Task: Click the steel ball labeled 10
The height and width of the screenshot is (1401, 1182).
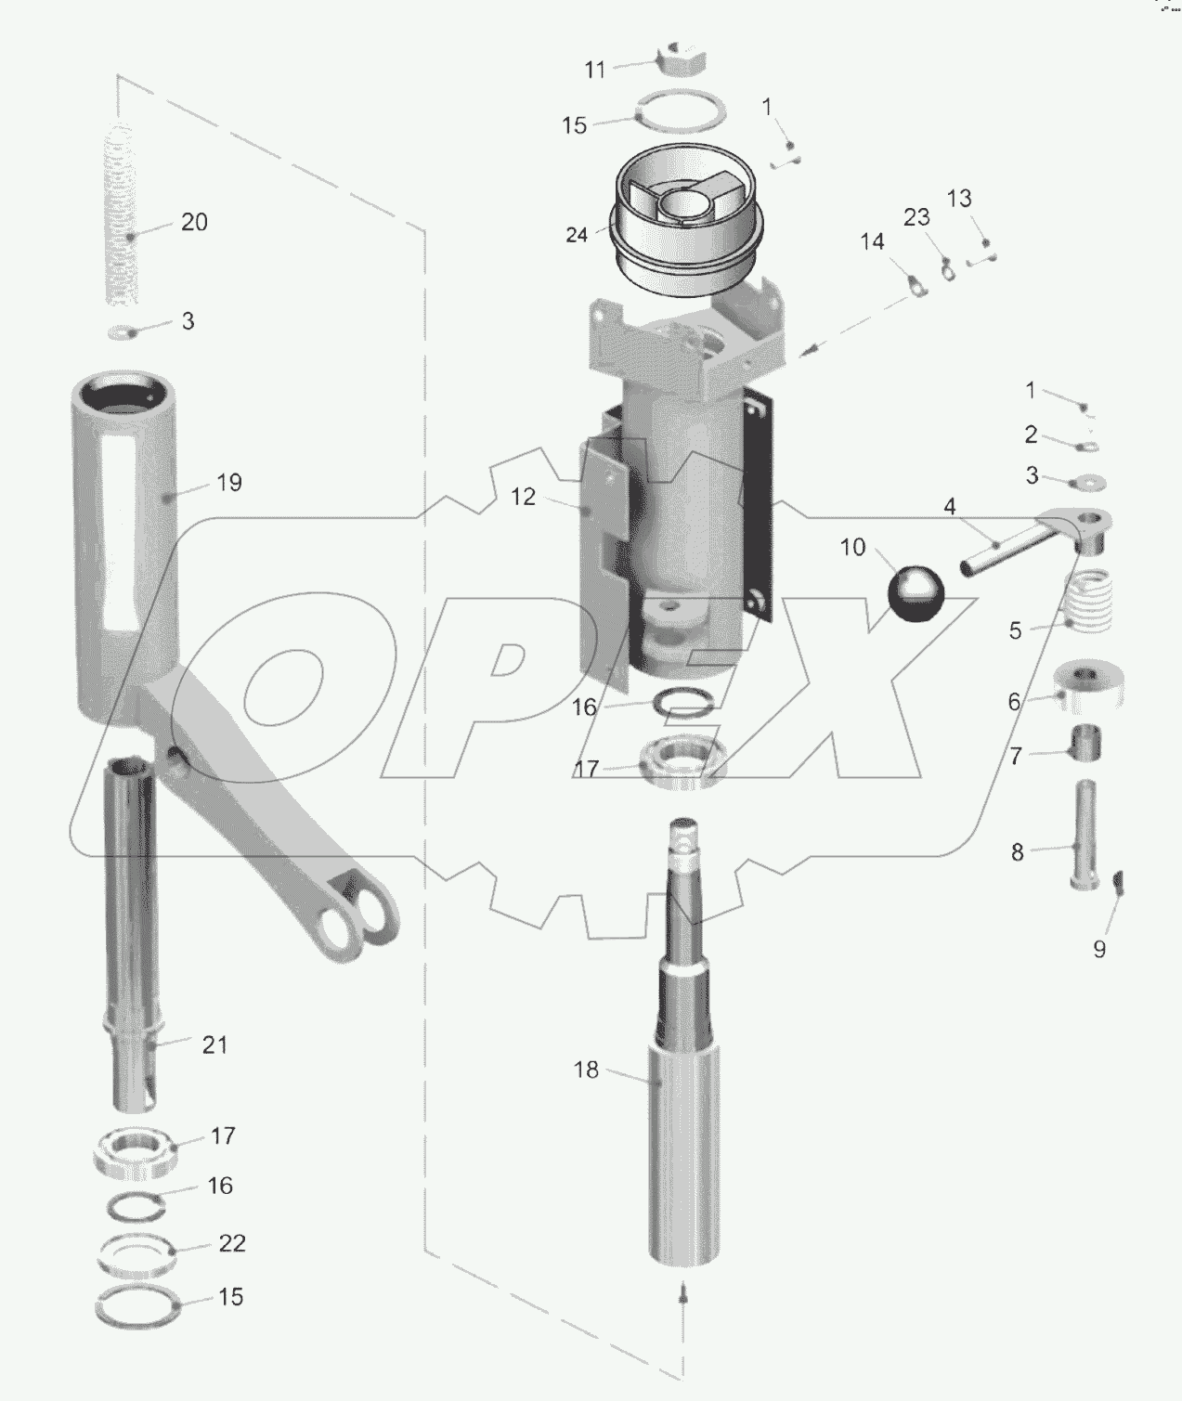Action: click(x=915, y=591)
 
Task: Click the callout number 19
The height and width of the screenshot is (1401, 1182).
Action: click(x=228, y=483)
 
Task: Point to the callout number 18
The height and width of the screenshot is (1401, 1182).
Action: click(x=586, y=1070)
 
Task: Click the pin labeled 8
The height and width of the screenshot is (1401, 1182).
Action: click(x=1085, y=835)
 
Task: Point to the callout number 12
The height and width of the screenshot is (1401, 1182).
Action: click(x=524, y=498)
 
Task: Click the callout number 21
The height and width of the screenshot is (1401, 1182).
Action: click(x=214, y=1045)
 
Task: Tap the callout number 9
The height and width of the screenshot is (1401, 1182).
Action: click(x=1099, y=950)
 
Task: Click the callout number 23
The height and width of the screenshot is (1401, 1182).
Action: click(x=916, y=217)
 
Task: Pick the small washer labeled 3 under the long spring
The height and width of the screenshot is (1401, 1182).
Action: click(x=122, y=332)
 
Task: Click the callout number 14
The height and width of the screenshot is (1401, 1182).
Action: click(x=872, y=242)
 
